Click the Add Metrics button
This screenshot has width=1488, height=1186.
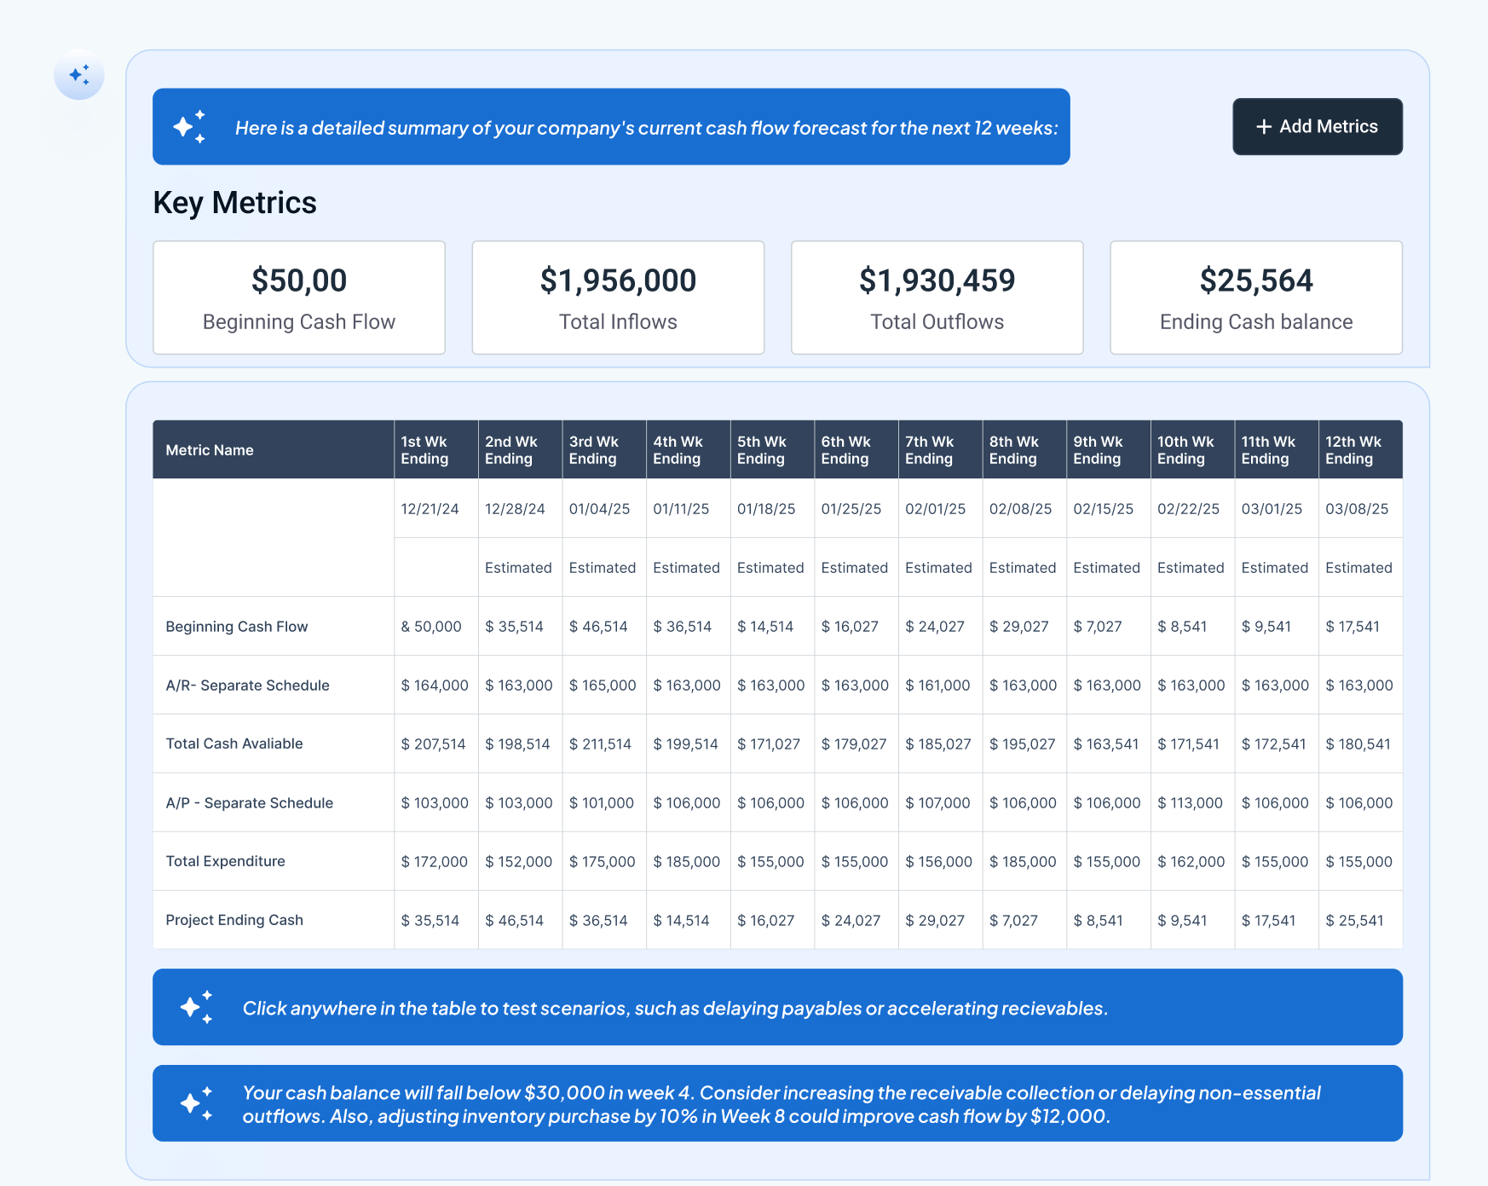click(x=1317, y=126)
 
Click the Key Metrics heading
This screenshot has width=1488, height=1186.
click(x=234, y=203)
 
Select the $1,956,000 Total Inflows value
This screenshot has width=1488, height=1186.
click(x=618, y=281)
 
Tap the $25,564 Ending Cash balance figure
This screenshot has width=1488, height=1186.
click(x=1255, y=281)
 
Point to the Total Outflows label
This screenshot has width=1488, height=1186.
click(x=937, y=321)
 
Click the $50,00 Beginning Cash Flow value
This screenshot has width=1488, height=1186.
click(x=299, y=281)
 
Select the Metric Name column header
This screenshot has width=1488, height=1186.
click(x=210, y=450)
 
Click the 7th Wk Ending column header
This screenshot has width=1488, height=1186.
click(x=929, y=450)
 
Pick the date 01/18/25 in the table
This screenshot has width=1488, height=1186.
click(x=765, y=509)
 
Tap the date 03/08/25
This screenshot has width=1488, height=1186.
click(x=1356, y=509)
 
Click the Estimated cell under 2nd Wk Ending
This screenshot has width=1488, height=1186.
click(x=518, y=568)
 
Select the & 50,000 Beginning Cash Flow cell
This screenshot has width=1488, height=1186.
click(x=431, y=627)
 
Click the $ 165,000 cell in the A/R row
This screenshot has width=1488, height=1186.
click(x=602, y=686)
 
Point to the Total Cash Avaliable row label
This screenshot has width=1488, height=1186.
click(x=234, y=743)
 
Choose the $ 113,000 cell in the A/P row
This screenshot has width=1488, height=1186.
click(x=1190, y=803)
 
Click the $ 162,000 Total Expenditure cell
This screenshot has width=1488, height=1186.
click(x=1191, y=862)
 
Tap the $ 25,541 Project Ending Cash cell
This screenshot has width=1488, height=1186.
click(x=1354, y=921)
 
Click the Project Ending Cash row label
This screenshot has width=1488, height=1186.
click(x=234, y=920)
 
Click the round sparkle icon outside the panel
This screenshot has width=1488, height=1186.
click(x=79, y=75)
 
